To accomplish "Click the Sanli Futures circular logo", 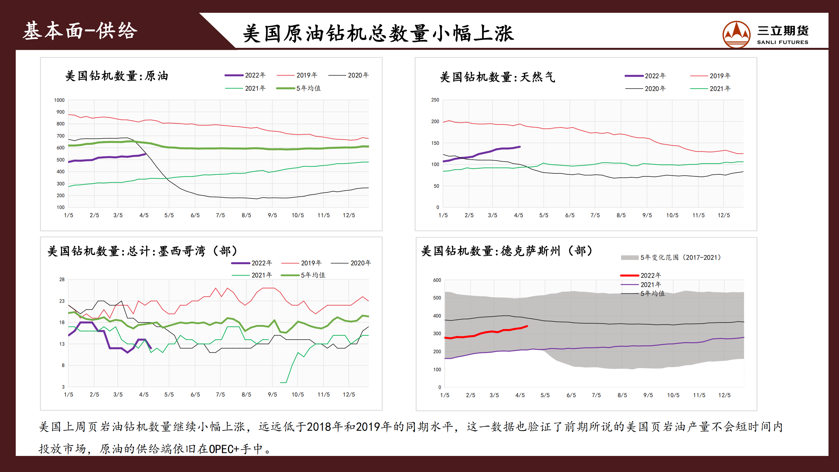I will click(736, 34).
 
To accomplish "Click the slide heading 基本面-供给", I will click(80, 31).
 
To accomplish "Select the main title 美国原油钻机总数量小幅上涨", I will click(378, 33).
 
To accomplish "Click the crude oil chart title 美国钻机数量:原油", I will click(117, 76).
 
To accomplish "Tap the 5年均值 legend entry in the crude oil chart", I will click(299, 88).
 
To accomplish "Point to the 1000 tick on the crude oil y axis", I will click(59, 100).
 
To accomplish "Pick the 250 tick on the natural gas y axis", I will click(435, 100).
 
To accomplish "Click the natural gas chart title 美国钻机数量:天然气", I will click(497, 77).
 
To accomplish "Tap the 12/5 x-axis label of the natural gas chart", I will click(724, 215).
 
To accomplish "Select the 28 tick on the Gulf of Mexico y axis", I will click(62, 280).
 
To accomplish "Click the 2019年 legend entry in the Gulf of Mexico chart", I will click(302, 263).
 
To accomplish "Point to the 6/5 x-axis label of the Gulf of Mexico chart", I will click(195, 395).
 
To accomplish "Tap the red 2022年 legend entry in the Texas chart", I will click(641, 275).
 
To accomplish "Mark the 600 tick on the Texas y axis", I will click(437, 280).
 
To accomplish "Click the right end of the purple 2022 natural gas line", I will click(520, 147).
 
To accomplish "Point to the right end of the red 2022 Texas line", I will click(527, 326).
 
